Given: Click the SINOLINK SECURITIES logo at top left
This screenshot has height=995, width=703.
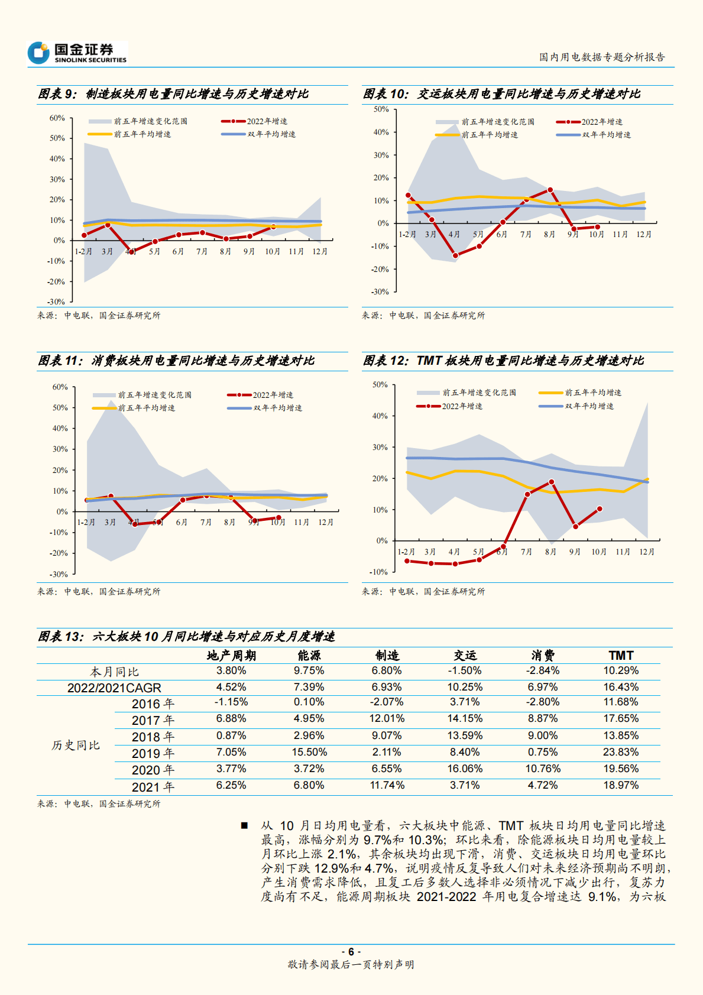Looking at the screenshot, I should point(77,53).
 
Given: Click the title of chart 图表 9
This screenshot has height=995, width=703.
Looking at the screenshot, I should point(173,94).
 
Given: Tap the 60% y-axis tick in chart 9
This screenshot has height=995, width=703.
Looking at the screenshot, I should point(57,118).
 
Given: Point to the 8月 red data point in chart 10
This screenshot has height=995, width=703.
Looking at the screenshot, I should point(550,190).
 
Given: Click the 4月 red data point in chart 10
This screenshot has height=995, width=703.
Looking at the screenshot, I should point(455,256).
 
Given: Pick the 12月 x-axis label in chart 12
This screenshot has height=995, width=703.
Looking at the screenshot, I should point(647,552).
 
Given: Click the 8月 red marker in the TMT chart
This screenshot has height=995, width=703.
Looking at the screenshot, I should point(551,482).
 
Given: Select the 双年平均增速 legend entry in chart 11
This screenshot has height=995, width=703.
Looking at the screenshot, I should point(265,408).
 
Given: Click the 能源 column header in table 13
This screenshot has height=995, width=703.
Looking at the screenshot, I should point(309,656).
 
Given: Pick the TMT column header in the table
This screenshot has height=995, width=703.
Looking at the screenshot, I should point(621,656).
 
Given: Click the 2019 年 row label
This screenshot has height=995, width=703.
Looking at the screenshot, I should point(153,753).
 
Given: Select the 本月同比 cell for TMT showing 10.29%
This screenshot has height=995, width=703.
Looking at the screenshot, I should point(621,671).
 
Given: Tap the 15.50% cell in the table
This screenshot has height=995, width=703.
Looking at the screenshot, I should point(309,753).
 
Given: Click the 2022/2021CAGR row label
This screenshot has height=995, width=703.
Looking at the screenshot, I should point(114,688).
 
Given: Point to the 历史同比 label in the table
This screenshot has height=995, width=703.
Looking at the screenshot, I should point(75,745).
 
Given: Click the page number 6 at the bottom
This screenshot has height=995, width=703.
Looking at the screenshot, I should point(351,951).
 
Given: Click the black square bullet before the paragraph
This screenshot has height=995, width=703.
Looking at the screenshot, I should point(244,825).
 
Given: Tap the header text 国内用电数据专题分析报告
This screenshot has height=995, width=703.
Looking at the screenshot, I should point(602,57).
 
